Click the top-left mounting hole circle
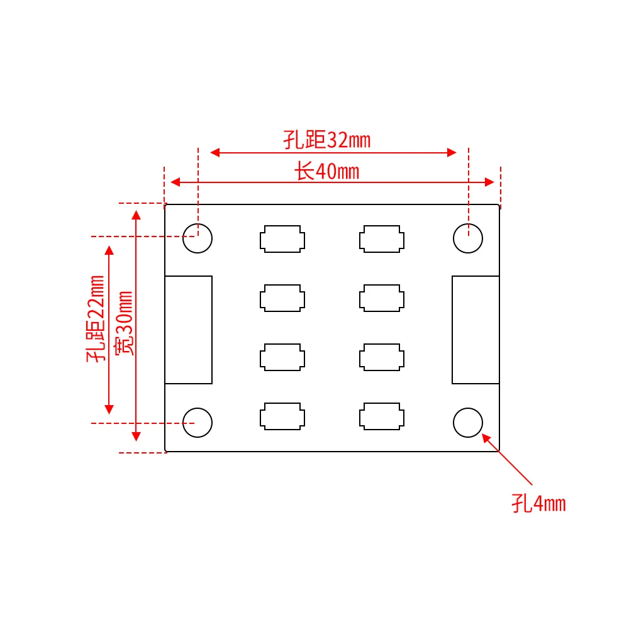point(198,238)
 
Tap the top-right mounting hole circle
point(468,238)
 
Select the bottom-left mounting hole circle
point(198,422)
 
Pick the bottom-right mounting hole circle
point(468,422)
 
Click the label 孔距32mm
point(326,140)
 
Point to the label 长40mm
point(327,170)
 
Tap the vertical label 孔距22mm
point(96,319)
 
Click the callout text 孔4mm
point(538,504)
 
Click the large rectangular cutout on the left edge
point(189,330)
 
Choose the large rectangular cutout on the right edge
point(476,330)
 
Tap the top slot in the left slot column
point(282,239)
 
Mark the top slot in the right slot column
point(382,239)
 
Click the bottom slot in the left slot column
point(282,416)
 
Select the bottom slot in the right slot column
point(382,416)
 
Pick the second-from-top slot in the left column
point(282,298)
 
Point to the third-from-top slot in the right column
point(382,357)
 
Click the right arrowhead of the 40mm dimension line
point(490,182)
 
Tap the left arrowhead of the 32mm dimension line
point(214,152)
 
